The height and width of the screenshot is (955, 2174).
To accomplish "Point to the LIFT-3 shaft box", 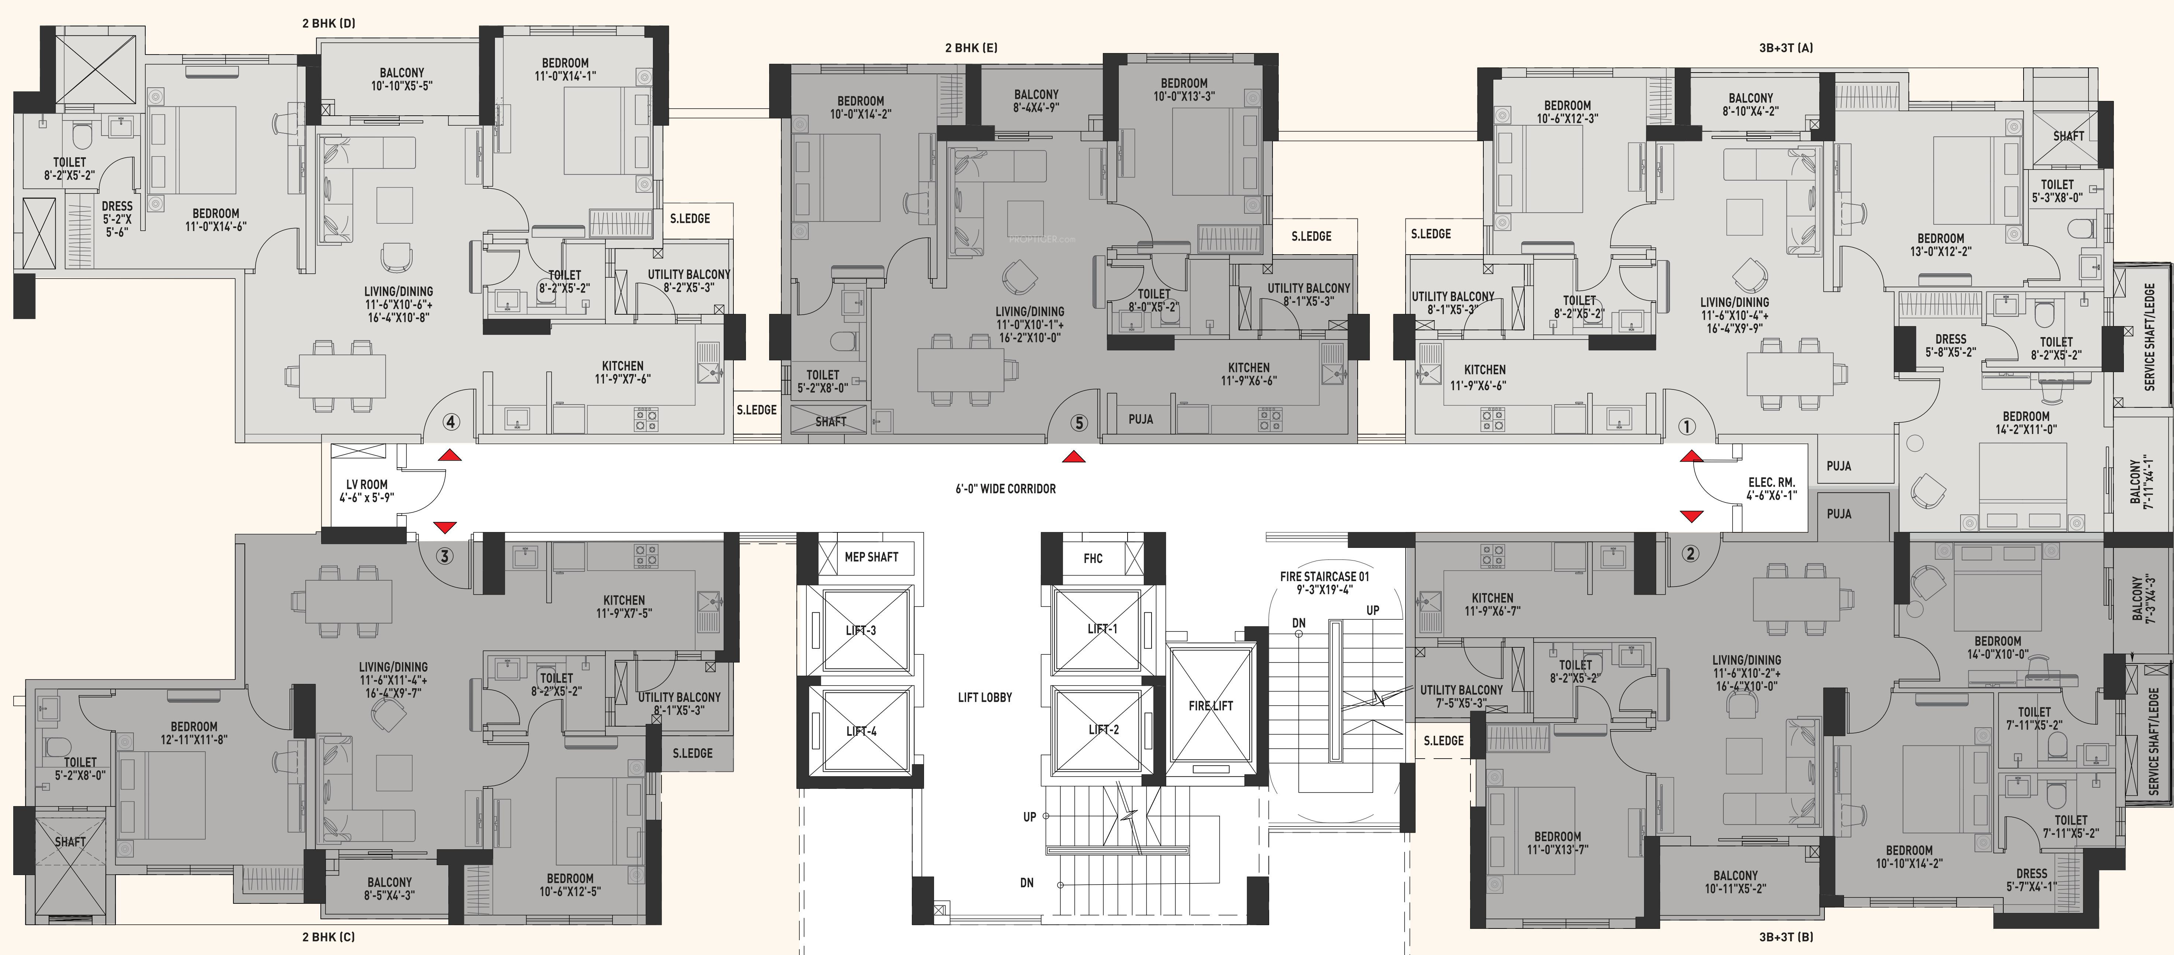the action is coord(861,630).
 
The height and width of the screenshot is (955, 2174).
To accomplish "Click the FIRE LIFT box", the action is coord(1211,705).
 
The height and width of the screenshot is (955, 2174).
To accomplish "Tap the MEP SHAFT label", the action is coord(871,557).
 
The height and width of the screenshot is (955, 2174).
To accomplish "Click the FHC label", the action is coord(1093,559).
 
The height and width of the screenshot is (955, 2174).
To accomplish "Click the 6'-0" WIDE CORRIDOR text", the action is coord(1005,489).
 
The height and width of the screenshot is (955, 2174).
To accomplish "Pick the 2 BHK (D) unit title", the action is coord(328,24).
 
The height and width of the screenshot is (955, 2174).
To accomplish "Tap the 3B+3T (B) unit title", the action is coord(1786,937).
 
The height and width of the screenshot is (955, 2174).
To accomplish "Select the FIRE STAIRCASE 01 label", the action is coord(1324,576).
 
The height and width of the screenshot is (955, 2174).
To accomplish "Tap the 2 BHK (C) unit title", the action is coord(328,937).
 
